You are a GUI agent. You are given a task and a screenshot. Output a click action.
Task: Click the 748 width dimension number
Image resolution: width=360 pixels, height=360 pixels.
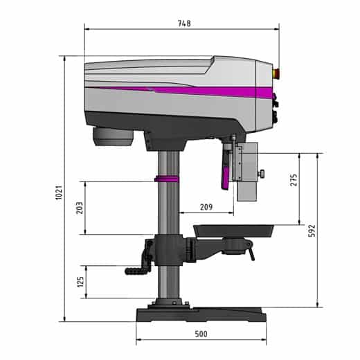(x=183, y=23)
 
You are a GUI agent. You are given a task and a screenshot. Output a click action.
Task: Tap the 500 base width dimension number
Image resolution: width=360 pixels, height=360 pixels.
(x=201, y=335)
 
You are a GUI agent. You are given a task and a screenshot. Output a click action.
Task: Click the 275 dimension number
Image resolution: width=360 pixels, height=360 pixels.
(x=294, y=180)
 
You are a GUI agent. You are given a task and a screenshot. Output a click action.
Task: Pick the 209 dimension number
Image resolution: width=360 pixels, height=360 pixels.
(x=206, y=206)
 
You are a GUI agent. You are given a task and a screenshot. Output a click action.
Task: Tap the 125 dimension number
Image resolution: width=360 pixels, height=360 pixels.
(x=80, y=282)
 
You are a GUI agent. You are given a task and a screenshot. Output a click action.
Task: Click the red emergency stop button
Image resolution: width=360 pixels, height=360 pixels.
(x=279, y=71)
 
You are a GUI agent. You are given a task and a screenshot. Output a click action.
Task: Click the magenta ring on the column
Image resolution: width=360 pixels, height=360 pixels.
(x=167, y=179)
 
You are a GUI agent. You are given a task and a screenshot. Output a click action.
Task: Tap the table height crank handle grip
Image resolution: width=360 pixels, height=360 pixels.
(x=136, y=271)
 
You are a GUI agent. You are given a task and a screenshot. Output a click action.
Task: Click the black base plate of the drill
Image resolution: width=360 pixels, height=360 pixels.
(x=201, y=316)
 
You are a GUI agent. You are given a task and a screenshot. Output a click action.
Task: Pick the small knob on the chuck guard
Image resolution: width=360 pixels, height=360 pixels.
(x=264, y=172)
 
